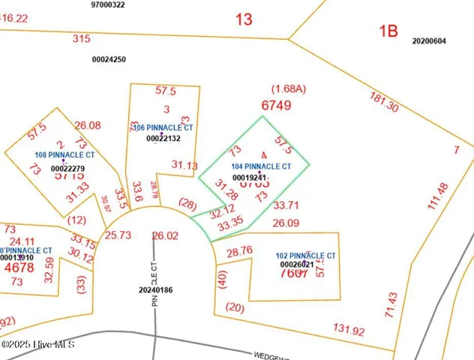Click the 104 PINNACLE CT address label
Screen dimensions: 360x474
260,166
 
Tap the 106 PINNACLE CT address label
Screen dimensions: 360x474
163,128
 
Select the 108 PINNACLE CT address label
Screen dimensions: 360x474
64,155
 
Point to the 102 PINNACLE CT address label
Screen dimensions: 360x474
305,256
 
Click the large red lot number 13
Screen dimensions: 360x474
244,19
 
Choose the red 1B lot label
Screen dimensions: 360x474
387,31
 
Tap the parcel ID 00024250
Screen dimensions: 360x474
109,59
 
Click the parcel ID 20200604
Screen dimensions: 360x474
429,41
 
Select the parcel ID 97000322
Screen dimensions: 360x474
108,4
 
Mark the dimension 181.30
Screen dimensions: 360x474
383,101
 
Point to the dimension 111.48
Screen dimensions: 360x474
442,197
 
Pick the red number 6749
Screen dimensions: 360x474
276,106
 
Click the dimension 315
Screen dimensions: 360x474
81,38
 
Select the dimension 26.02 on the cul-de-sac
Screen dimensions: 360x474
165,235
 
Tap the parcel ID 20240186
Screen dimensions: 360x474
156,289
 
